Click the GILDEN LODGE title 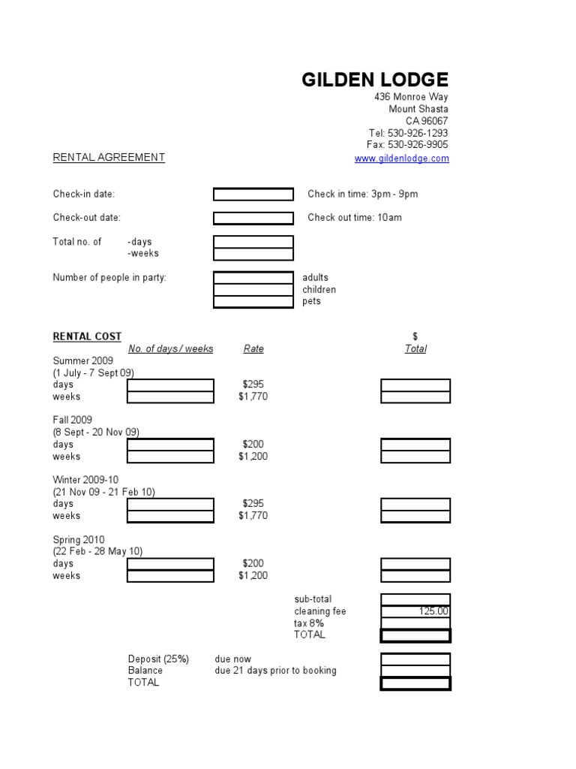pyautogui.click(x=375, y=80)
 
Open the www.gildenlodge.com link pyautogui.click(x=401, y=158)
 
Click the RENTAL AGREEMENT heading pyautogui.click(x=109, y=157)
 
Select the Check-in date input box pyautogui.click(x=253, y=195)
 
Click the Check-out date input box pyautogui.click(x=253, y=219)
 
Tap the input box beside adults pyautogui.click(x=253, y=278)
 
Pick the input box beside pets pyautogui.click(x=253, y=302)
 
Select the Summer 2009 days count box pyautogui.click(x=170, y=385)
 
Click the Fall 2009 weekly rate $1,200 pyautogui.click(x=253, y=457)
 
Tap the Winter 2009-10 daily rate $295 pyautogui.click(x=253, y=504)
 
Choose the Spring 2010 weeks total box pyautogui.click(x=415, y=576)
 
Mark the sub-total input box pyautogui.click(x=415, y=599)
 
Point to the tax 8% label pyautogui.click(x=308, y=623)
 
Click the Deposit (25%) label pyautogui.click(x=158, y=659)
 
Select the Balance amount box pyautogui.click(x=415, y=671)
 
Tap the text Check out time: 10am pyautogui.click(x=355, y=218)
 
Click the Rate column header pyautogui.click(x=253, y=349)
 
